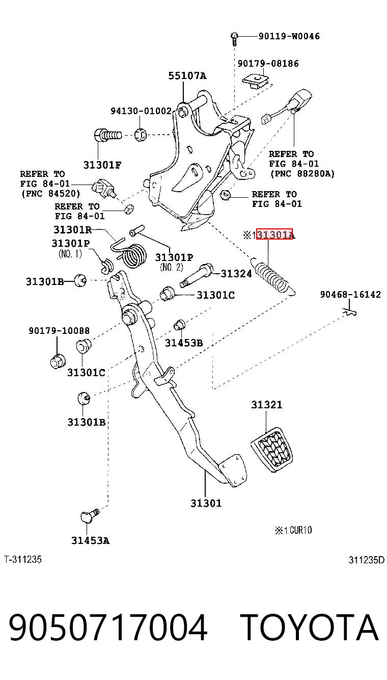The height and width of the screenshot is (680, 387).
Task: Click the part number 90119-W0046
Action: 289,36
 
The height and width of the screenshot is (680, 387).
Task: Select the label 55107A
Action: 187,75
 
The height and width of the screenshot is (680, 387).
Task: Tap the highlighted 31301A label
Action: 274,234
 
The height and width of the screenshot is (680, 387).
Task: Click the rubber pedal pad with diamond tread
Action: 272,450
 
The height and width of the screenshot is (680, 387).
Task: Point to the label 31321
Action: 267,405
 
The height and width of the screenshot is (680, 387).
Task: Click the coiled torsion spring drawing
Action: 131,254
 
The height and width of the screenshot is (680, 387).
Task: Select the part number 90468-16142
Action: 350,295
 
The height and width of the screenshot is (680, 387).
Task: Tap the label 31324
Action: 236,274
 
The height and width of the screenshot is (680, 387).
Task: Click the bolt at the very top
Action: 234,39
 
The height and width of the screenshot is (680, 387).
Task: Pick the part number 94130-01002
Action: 141,111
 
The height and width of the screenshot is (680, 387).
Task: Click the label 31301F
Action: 102,165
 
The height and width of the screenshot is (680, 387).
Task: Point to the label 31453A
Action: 90,541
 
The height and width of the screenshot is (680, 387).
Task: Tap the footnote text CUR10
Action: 301,530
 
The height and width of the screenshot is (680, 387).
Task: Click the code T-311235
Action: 23,559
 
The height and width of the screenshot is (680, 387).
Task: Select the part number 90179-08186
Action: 268,64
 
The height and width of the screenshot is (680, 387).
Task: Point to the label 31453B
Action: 184,343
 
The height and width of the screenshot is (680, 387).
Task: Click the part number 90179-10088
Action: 59,331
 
